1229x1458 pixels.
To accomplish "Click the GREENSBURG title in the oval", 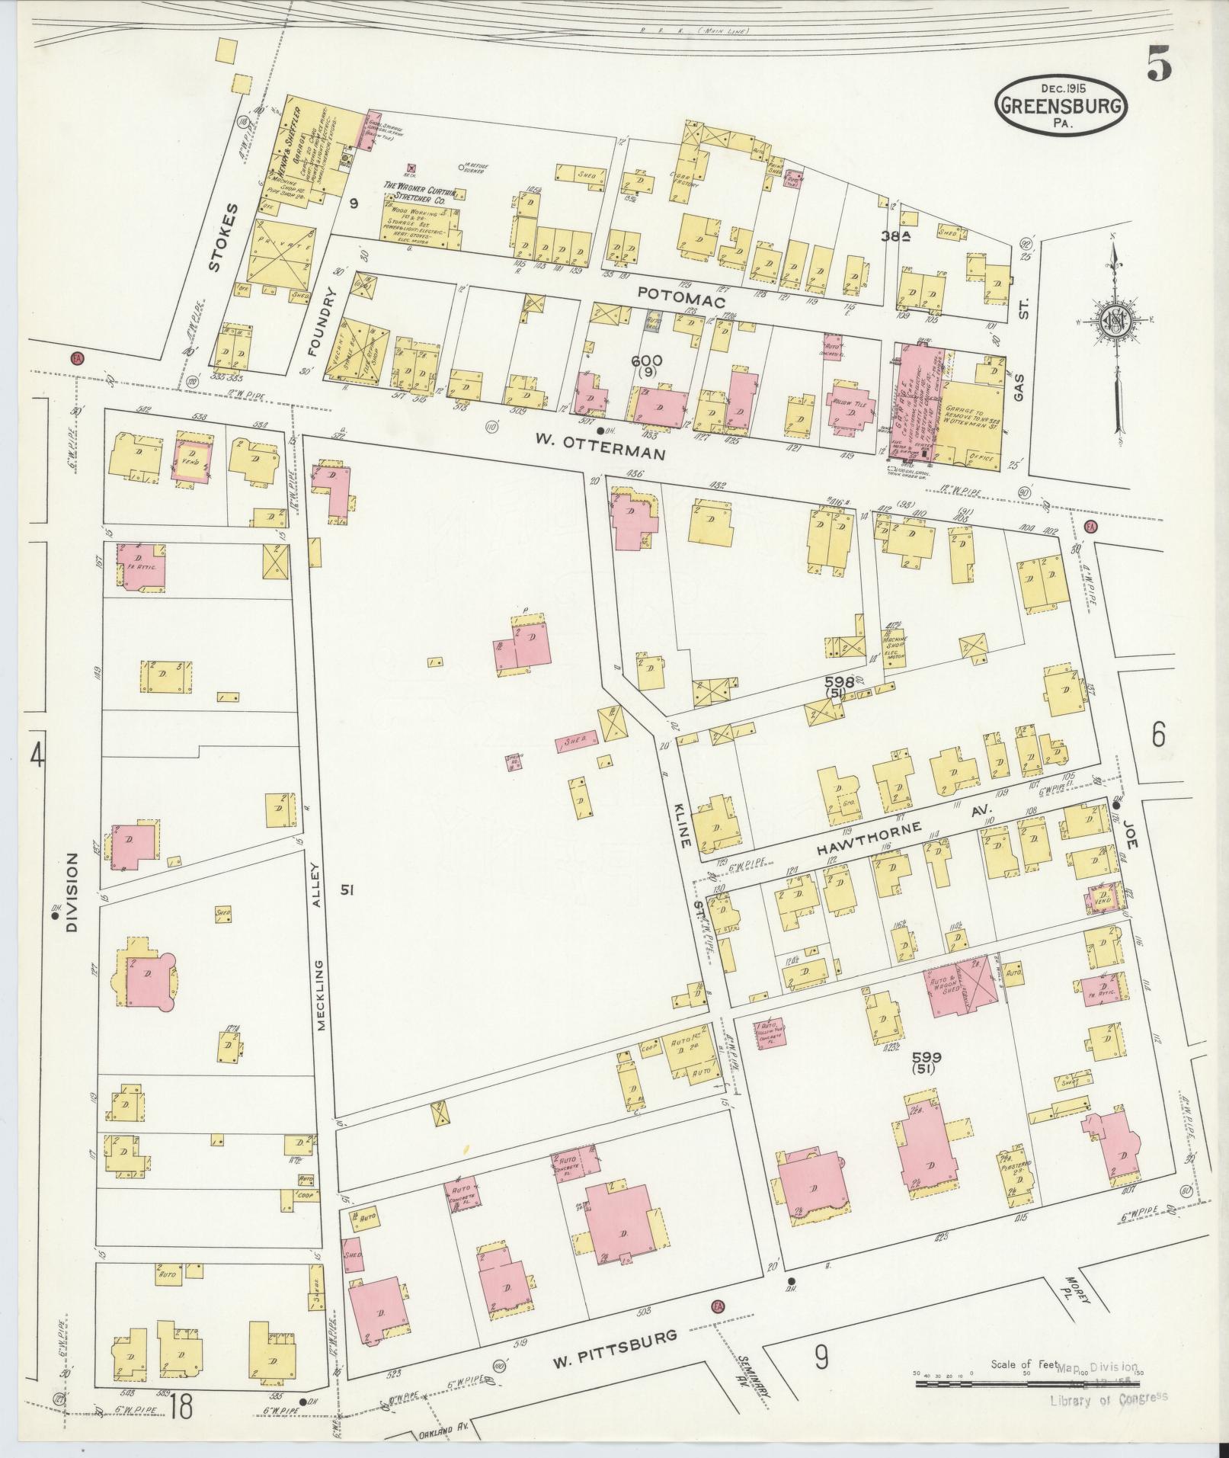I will (x=1060, y=106).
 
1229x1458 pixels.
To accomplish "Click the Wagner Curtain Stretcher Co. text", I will (x=419, y=198).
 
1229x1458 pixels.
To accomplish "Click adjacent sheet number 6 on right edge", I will (x=1158, y=736).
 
